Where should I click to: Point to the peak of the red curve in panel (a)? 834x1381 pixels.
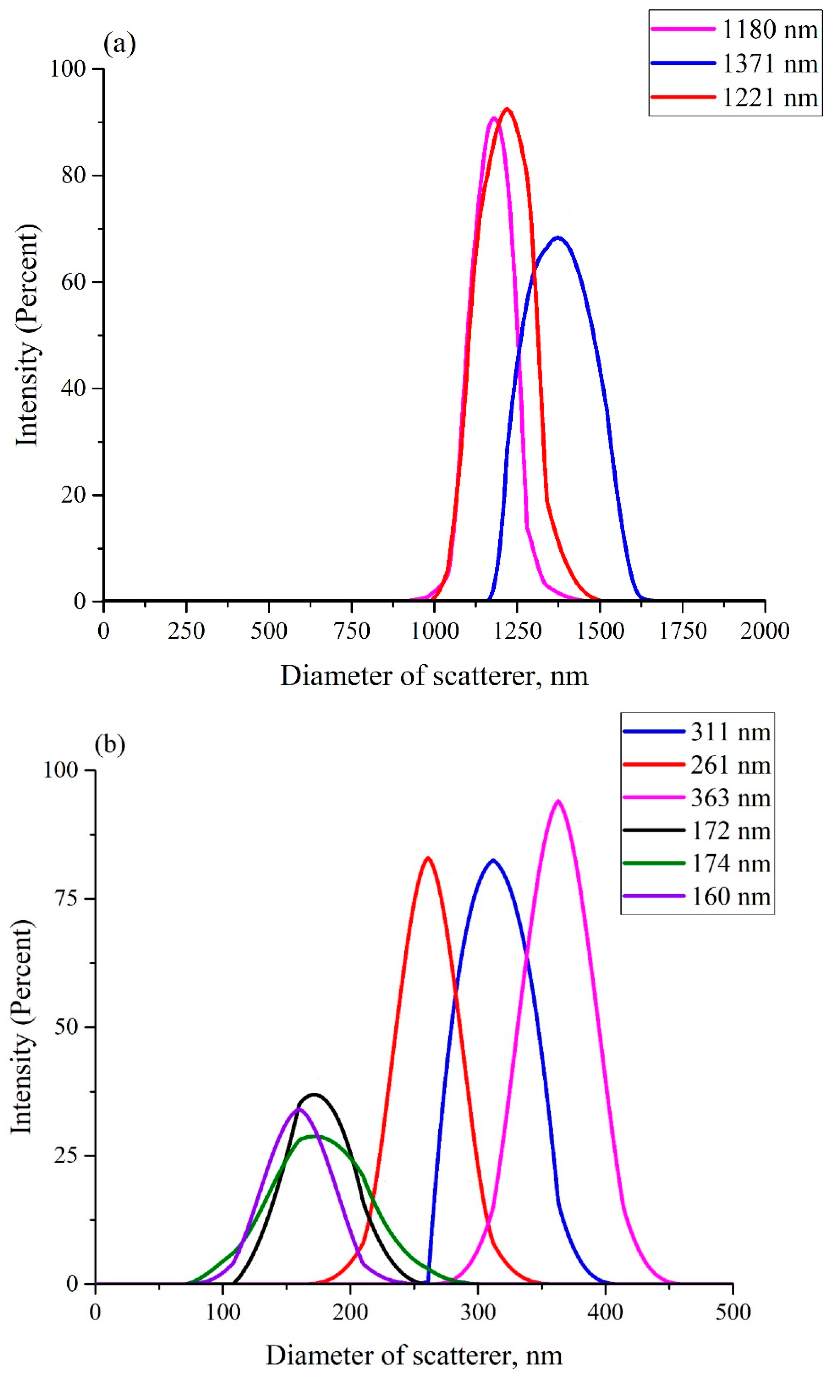tap(507, 109)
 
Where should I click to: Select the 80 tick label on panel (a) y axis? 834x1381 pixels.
tap(73, 175)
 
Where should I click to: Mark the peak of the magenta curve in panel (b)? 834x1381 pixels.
tap(558, 801)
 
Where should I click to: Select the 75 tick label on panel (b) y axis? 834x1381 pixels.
tap(66, 899)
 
